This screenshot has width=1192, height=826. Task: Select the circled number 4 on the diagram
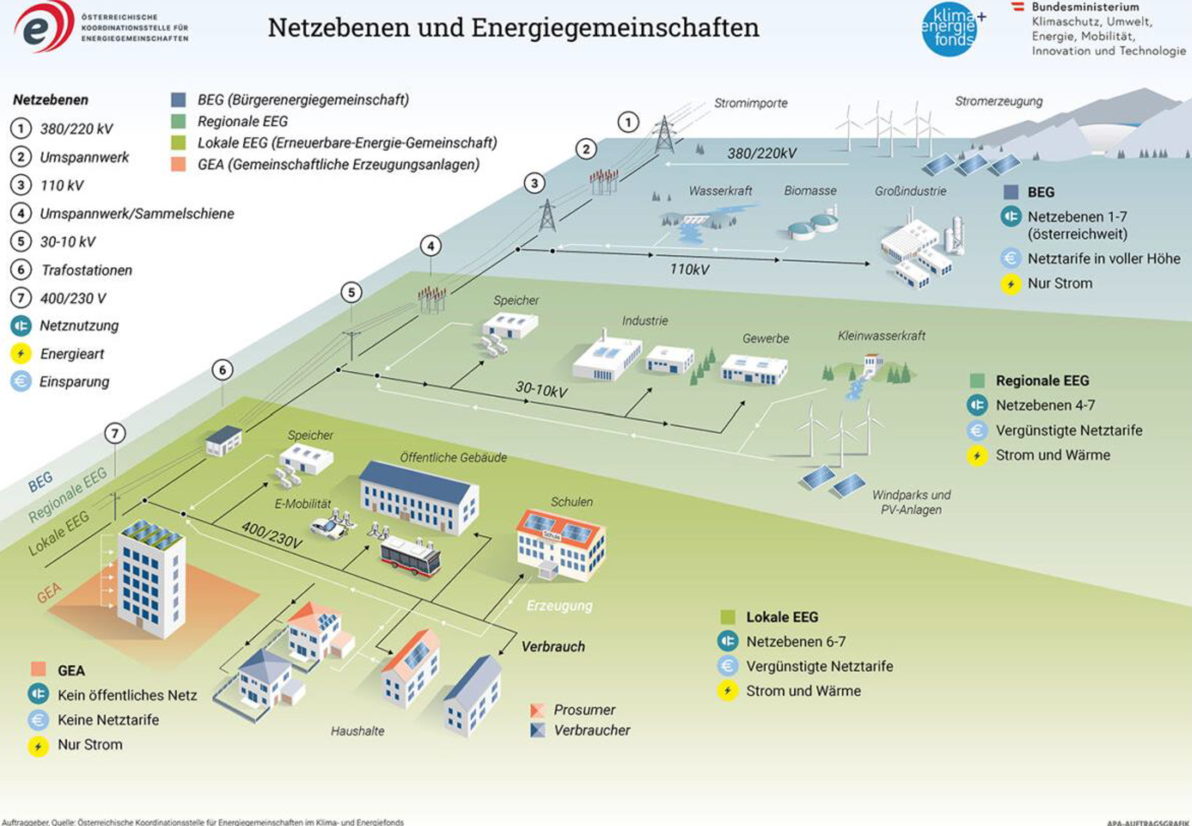431,245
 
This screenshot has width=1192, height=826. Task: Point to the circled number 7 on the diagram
115,434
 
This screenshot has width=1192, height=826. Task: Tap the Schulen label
571,501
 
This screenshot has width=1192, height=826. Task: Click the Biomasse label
810,190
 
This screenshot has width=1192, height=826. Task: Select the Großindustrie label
910,191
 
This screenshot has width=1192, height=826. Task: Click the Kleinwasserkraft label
881,336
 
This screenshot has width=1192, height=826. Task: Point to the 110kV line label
689,269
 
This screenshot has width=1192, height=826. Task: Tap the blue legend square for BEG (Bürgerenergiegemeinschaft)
178,100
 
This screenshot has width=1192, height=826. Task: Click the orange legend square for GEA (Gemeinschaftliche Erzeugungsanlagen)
178,164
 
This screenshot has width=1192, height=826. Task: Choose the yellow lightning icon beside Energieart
21,353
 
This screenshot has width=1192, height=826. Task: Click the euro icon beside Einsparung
21,381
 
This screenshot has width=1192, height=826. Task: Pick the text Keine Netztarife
108,720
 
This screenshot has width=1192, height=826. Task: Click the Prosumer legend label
584,710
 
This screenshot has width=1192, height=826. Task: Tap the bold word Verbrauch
553,646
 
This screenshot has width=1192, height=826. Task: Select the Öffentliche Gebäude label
453,458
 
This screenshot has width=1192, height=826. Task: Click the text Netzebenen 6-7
795,642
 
